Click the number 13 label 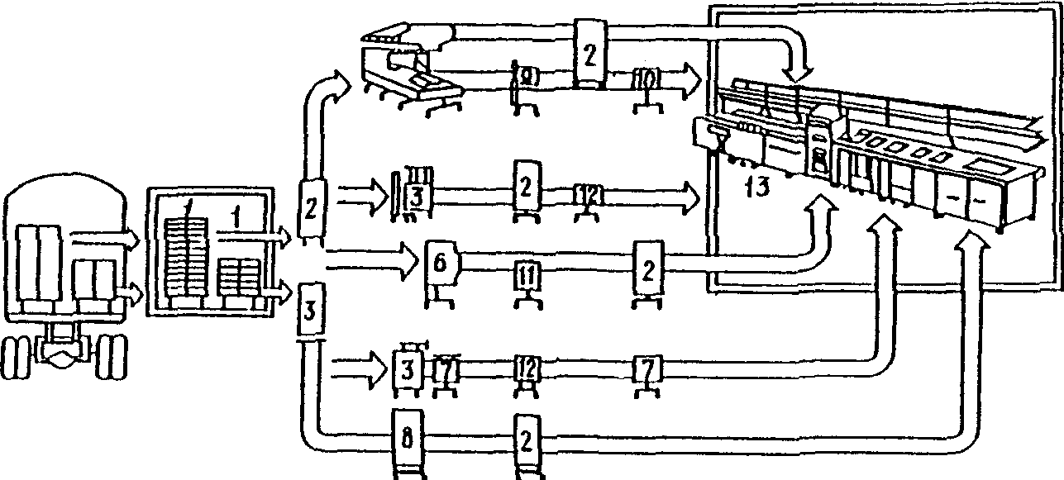click(756, 187)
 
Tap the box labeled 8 click(407, 438)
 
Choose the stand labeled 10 click(644, 79)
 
